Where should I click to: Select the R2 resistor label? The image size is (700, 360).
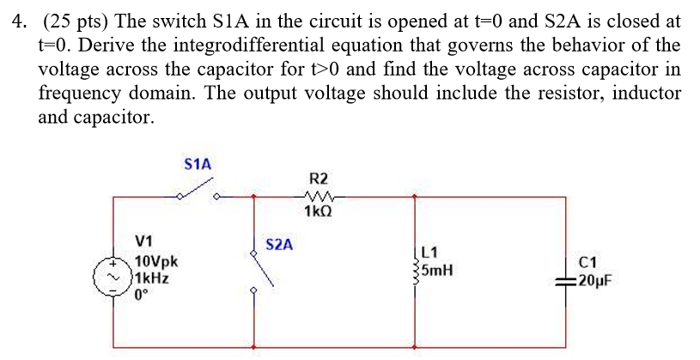(318, 180)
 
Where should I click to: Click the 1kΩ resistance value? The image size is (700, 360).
(318, 211)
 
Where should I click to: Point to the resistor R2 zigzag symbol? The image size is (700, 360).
(318, 196)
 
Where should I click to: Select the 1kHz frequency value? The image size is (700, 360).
(151, 278)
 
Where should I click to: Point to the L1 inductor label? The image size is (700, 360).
(431, 253)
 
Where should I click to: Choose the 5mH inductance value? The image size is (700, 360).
(437, 271)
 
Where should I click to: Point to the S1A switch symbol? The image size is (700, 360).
(198, 195)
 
